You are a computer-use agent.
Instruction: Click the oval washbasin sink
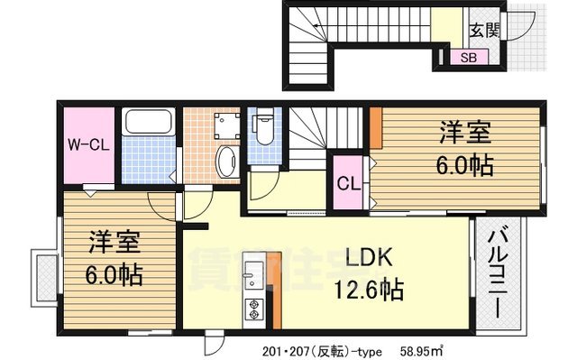(x=227, y=164)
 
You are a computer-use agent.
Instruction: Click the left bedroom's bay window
(x=41, y=278)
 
